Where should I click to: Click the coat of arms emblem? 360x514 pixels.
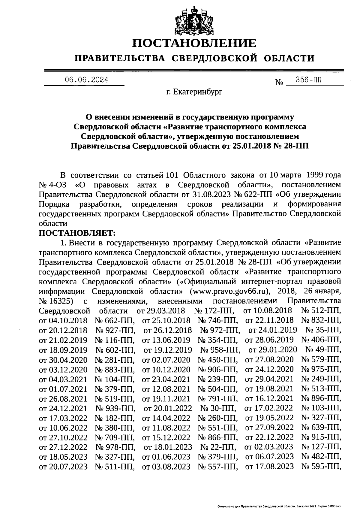194,20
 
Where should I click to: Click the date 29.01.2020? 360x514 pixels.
273,350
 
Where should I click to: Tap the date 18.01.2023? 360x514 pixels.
168,447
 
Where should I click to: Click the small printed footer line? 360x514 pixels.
279,506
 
